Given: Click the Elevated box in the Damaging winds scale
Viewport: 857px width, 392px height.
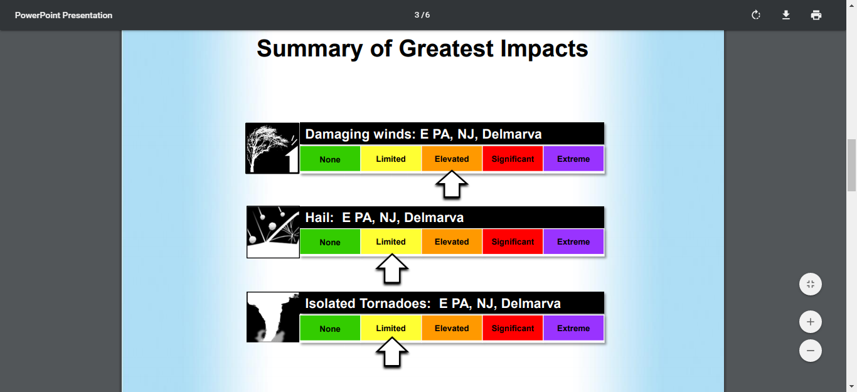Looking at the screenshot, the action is pos(452,159).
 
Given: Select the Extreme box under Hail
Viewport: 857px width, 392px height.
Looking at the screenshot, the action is pos(573,241).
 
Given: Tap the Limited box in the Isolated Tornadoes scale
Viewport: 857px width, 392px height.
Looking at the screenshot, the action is pos(391,328).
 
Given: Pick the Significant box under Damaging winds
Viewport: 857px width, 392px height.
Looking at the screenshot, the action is pos(513,159).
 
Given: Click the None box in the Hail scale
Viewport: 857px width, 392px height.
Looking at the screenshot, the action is pos(330,241).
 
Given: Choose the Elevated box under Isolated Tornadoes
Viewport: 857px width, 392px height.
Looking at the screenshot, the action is pos(452,328).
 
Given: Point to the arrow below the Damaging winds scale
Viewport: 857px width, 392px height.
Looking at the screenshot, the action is pos(452,185).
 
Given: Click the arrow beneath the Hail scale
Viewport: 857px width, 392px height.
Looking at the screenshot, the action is pos(391,269).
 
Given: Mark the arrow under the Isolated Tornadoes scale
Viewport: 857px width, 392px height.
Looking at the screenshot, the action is pos(391,352).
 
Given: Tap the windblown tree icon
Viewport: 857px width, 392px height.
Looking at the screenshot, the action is pos(272,149).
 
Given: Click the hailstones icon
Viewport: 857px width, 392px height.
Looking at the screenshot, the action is pos(273,232).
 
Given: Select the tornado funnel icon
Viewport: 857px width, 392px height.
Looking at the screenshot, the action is pos(273,317).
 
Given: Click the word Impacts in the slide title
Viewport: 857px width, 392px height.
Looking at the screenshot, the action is pos(544,49).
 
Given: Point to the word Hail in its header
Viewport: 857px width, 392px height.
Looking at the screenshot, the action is pos(319,217).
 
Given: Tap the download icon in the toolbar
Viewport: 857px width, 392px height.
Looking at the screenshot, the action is pos(786,15).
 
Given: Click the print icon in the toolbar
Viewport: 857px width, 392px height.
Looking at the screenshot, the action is pos(816,15).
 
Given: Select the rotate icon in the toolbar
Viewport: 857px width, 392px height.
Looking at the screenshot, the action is pos(755,15).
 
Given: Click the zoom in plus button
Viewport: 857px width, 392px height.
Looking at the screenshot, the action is pos(811,322).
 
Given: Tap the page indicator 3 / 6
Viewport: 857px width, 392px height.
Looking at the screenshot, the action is pos(422,15).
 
